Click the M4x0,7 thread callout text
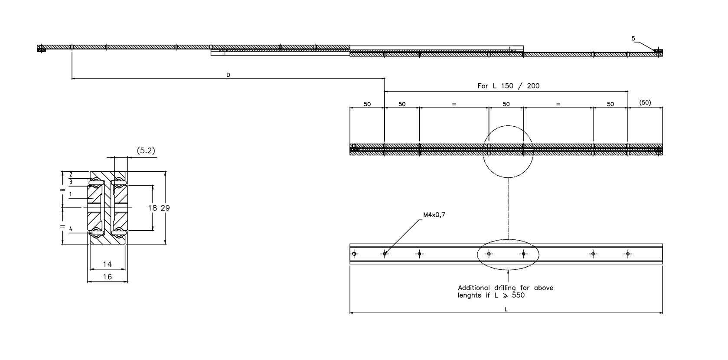[x=434, y=214]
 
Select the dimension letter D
[x=228, y=75]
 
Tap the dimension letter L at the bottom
[x=506, y=309]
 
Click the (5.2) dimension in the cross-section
[x=146, y=151]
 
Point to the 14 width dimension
[x=108, y=264]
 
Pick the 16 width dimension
[x=108, y=277]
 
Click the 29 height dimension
[x=165, y=208]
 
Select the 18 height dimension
[x=152, y=208]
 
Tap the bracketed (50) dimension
[x=645, y=103]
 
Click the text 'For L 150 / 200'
[x=508, y=86]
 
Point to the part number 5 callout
[x=633, y=39]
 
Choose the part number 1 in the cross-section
[x=70, y=194]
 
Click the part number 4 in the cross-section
[x=70, y=229]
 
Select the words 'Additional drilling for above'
[x=506, y=288]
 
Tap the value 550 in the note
[x=518, y=295]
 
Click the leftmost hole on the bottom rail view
[x=354, y=254]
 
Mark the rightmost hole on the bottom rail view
[x=627, y=254]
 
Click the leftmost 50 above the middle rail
[x=367, y=104]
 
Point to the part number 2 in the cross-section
[x=70, y=174]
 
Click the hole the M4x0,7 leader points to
[x=385, y=254]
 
